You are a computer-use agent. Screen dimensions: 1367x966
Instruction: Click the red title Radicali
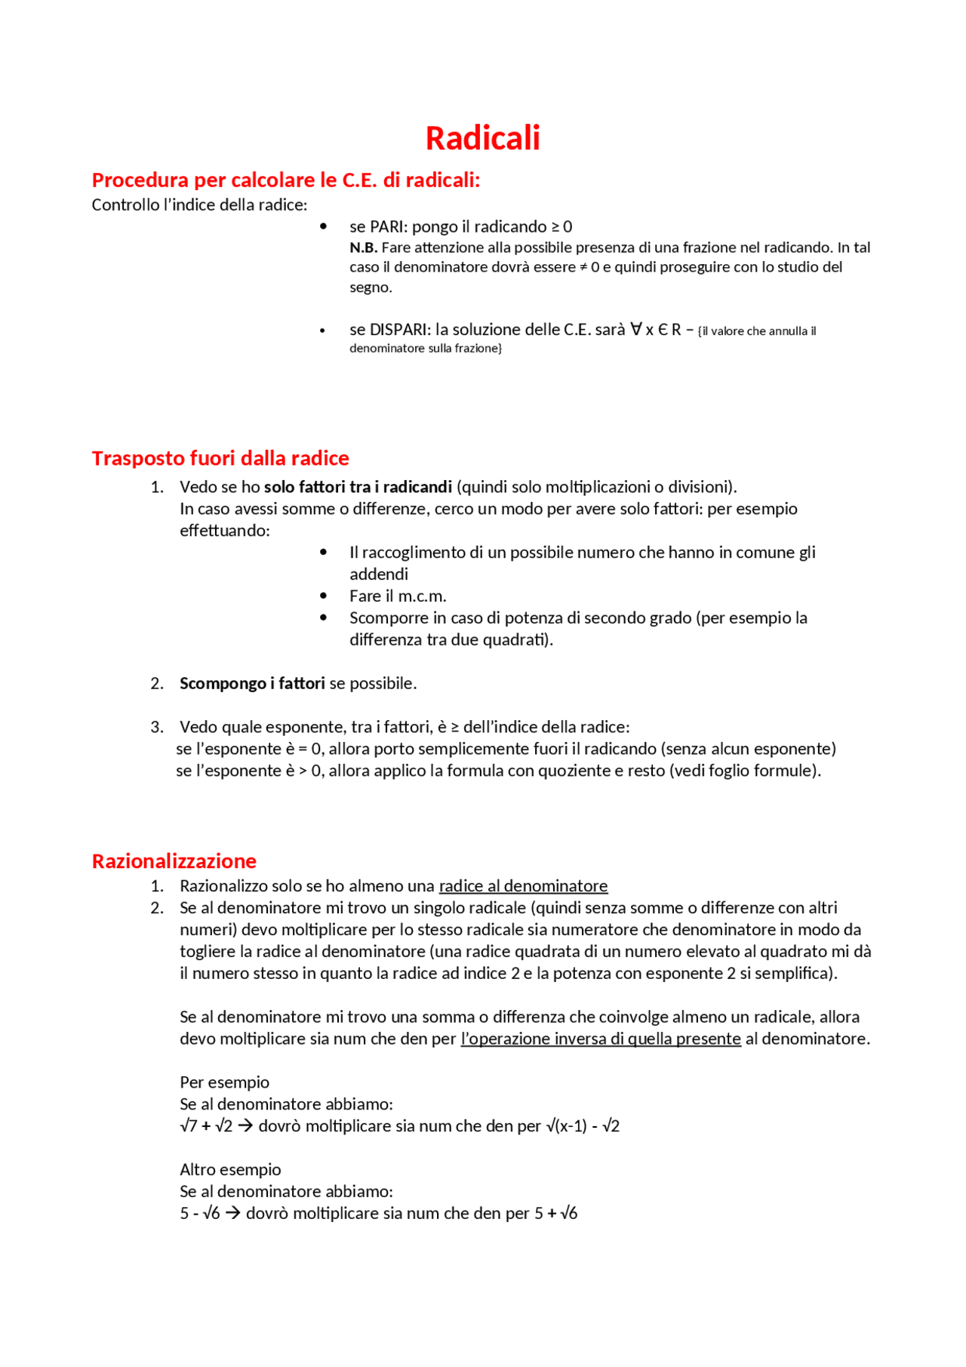[482, 138]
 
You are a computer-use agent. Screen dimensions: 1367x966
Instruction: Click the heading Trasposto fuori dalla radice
[220, 458]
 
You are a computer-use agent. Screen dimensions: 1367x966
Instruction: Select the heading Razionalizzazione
[174, 861]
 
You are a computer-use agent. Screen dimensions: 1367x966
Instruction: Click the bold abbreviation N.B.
[363, 248]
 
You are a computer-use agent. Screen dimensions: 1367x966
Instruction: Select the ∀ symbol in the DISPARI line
[636, 329]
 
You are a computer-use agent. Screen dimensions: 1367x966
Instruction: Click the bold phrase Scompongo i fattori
[252, 683]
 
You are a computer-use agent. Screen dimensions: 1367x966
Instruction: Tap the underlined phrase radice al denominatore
[523, 885]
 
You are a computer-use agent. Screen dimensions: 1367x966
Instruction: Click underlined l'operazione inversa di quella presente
[601, 1039]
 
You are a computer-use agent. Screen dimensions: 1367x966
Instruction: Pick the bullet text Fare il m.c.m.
[398, 596]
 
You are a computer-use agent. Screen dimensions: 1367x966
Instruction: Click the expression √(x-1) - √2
[583, 1126]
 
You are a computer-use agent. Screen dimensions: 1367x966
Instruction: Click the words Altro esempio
[230, 1169]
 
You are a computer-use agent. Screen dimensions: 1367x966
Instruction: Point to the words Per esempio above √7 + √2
[224, 1082]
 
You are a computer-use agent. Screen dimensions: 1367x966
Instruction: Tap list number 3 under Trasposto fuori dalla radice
[156, 727]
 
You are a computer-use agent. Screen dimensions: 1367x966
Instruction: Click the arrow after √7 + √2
[245, 1126]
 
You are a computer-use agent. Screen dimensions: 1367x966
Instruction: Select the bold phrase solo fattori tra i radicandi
[358, 487]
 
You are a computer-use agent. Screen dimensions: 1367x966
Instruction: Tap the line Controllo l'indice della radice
[199, 205]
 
